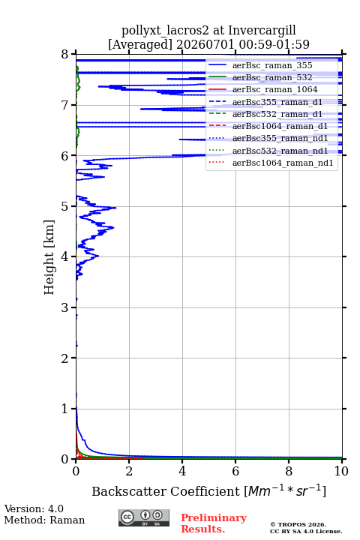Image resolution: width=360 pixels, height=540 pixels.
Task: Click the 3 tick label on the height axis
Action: [64, 307]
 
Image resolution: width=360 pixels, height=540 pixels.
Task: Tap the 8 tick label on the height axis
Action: [64, 55]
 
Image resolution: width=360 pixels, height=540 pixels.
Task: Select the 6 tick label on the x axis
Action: [235, 471]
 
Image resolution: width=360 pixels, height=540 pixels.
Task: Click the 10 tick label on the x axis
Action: [341, 471]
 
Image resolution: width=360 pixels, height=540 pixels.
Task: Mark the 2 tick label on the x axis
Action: [129, 471]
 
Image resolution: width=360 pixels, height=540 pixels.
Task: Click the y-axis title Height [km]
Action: [49, 257]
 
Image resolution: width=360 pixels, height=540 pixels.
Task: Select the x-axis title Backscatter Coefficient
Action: [166, 491]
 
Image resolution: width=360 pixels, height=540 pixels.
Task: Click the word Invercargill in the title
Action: [262, 31]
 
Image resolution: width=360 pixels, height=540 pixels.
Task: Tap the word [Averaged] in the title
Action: [140, 45]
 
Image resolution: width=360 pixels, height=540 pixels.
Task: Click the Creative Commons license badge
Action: [144, 518]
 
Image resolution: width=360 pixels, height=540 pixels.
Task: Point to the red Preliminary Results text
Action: [214, 523]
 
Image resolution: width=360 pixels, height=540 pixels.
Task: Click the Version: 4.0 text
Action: [34, 509]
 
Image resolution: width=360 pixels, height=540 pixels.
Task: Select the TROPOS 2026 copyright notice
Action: [298, 524]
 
